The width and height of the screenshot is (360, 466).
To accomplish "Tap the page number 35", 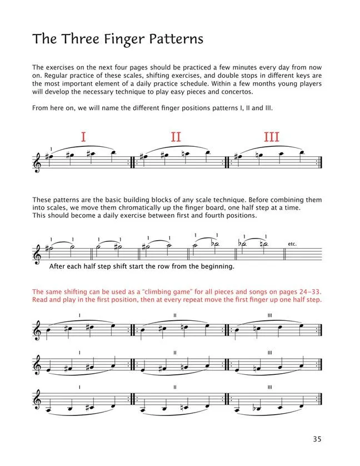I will pyautogui.click(x=317, y=439).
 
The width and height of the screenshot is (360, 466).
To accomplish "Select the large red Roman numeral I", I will pyautogui.click(x=83, y=137).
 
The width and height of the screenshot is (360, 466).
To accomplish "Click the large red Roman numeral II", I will pyautogui.click(x=176, y=137).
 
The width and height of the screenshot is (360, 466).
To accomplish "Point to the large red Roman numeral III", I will pyautogui.click(x=271, y=137).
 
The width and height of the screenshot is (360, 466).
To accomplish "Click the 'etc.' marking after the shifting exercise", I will pyautogui.click(x=293, y=244).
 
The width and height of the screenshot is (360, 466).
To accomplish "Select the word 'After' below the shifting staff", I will pyautogui.click(x=58, y=266).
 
